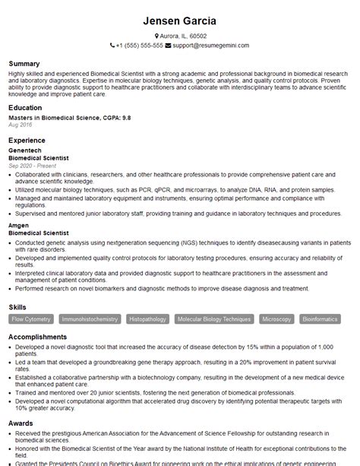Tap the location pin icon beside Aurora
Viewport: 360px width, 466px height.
[x=156, y=36]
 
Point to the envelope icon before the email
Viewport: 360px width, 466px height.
[x=169, y=46]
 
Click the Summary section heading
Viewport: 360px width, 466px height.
[x=24, y=63]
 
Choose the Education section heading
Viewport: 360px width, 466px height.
[x=25, y=108]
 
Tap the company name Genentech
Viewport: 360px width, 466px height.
[x=25, y=151]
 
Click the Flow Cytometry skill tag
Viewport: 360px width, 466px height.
[x=32, y=319]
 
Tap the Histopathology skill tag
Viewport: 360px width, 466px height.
[x=148, y=319]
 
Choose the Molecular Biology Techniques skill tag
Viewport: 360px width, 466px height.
[x=214, y=319]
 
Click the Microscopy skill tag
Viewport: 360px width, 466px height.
[x=276, y=319]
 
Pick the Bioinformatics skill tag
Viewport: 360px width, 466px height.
[x=321, y=319]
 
